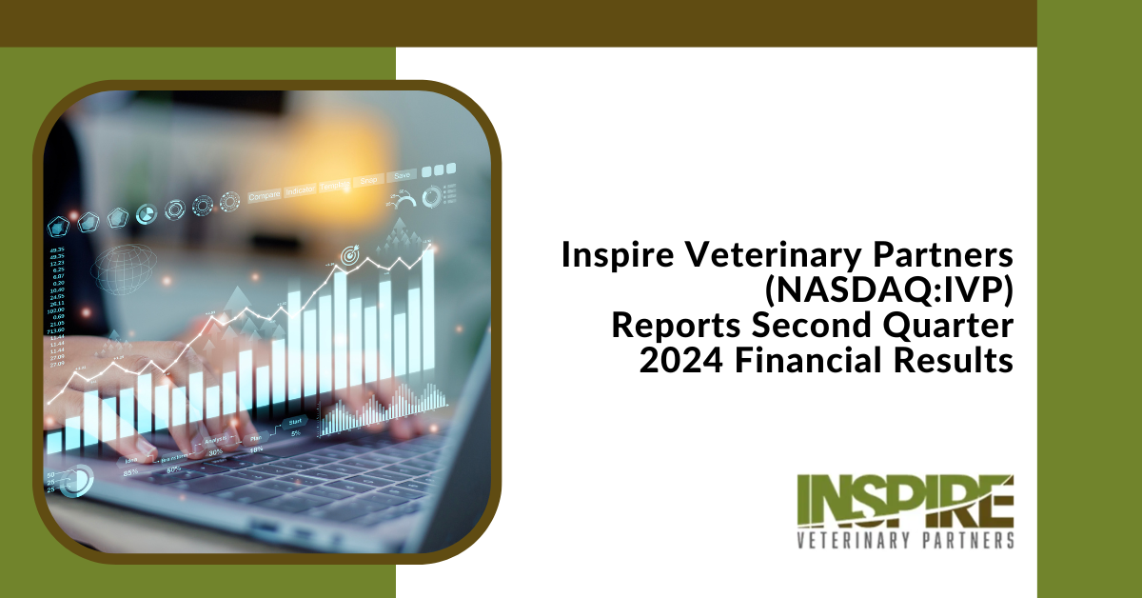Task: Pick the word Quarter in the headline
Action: pos(936,325)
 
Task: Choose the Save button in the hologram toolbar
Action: pos(403,175)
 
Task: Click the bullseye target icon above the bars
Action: pos(348,255)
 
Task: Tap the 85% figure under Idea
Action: pos(128,470)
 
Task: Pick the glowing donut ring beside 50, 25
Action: pos(79,479)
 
